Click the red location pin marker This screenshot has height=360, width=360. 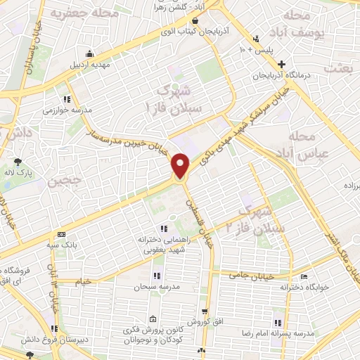[181, 166]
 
